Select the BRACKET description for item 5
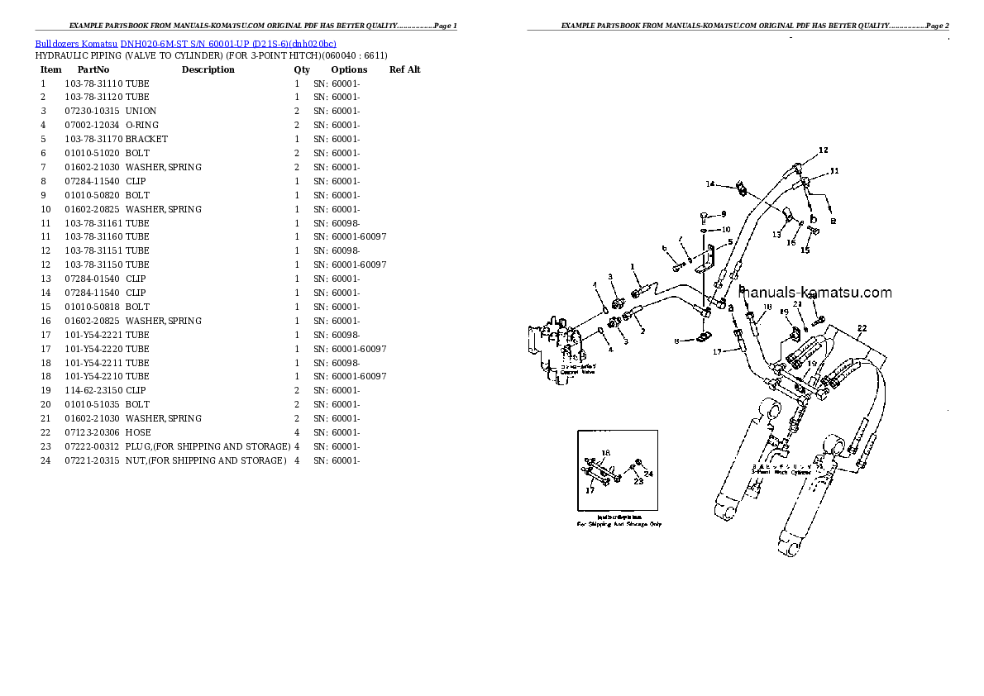[x=146, y=139]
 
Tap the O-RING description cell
[x=142, y=125]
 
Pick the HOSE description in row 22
[x=138, y=432]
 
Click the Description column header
[x=208, y=69]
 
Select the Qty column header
[x=302, y=69]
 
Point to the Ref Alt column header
[x=404, y=69]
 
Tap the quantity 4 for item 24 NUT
[x=296, y=460]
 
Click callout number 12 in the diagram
[x=823, y=150]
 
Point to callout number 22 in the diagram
[x=862, y=329]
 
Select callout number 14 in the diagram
[x=709, y=184]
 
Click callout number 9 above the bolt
[x=722, y=213]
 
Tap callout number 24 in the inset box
[x=648, y=474]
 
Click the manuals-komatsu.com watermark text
[x=814, y=293]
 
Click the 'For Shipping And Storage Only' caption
[x=619, y=524]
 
